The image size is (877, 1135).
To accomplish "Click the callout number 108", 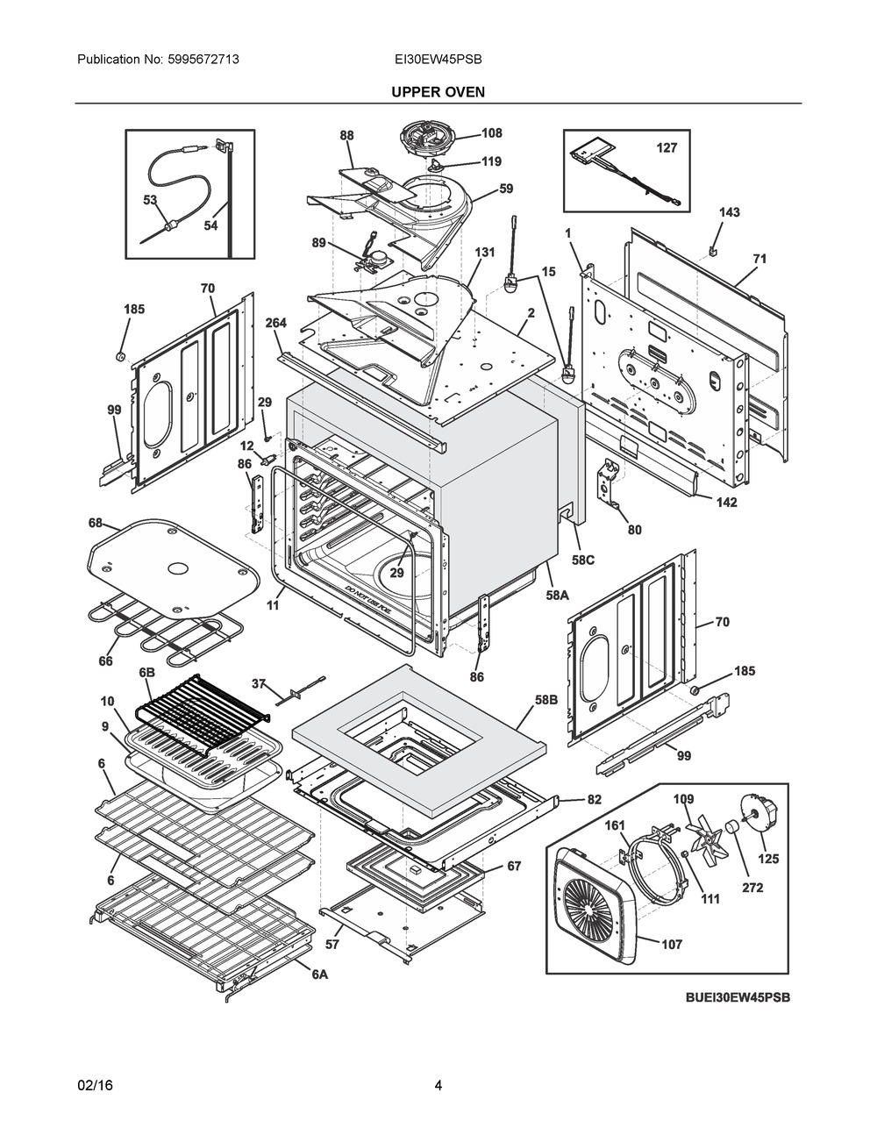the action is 491,133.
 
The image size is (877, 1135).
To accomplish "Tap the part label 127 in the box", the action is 667,148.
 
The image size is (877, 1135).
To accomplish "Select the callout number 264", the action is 275,323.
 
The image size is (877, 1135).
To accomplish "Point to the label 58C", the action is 582,560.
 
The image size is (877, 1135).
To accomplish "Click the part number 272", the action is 752,888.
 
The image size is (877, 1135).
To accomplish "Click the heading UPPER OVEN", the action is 438,92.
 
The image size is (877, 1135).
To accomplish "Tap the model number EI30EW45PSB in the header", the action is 438,60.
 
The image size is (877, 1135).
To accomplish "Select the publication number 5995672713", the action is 203,60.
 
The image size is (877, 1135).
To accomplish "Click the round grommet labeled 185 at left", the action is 121,357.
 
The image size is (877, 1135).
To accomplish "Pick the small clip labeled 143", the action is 713,250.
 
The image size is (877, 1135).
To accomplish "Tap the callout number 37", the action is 259,683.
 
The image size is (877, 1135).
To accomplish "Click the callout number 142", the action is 726,503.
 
